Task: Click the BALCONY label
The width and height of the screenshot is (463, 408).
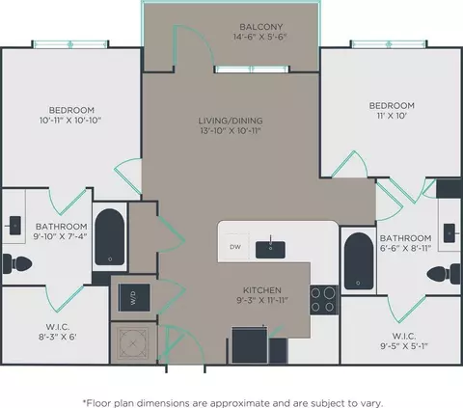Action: [261, 27]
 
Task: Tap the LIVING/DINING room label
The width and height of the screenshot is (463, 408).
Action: [231, 121]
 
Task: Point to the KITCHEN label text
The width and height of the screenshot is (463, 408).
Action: [262, 290]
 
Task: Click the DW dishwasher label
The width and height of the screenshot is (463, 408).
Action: [235, 247]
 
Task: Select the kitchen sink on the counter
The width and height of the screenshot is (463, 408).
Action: [270, 250]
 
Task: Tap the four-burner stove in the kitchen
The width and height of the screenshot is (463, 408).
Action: [324, 300]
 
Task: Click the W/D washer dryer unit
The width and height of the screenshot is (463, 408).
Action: [134, 297]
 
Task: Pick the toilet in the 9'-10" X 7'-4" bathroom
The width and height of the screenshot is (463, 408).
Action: [17, 263]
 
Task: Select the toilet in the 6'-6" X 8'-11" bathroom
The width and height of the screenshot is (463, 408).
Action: [444, 274]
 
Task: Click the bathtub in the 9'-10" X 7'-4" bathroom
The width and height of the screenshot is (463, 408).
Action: [110, 237]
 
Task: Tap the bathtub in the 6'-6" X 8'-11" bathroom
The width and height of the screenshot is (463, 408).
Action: [359, 260]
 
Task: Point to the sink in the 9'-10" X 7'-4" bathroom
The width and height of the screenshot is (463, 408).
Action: [14, 226]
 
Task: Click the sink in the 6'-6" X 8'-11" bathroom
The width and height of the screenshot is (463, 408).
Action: [449, 233]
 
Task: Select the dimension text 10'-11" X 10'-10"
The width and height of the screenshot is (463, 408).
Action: [70, 121]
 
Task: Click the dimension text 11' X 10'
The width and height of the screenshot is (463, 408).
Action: [391, 116]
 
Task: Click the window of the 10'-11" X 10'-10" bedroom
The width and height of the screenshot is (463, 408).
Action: [70, 44]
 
